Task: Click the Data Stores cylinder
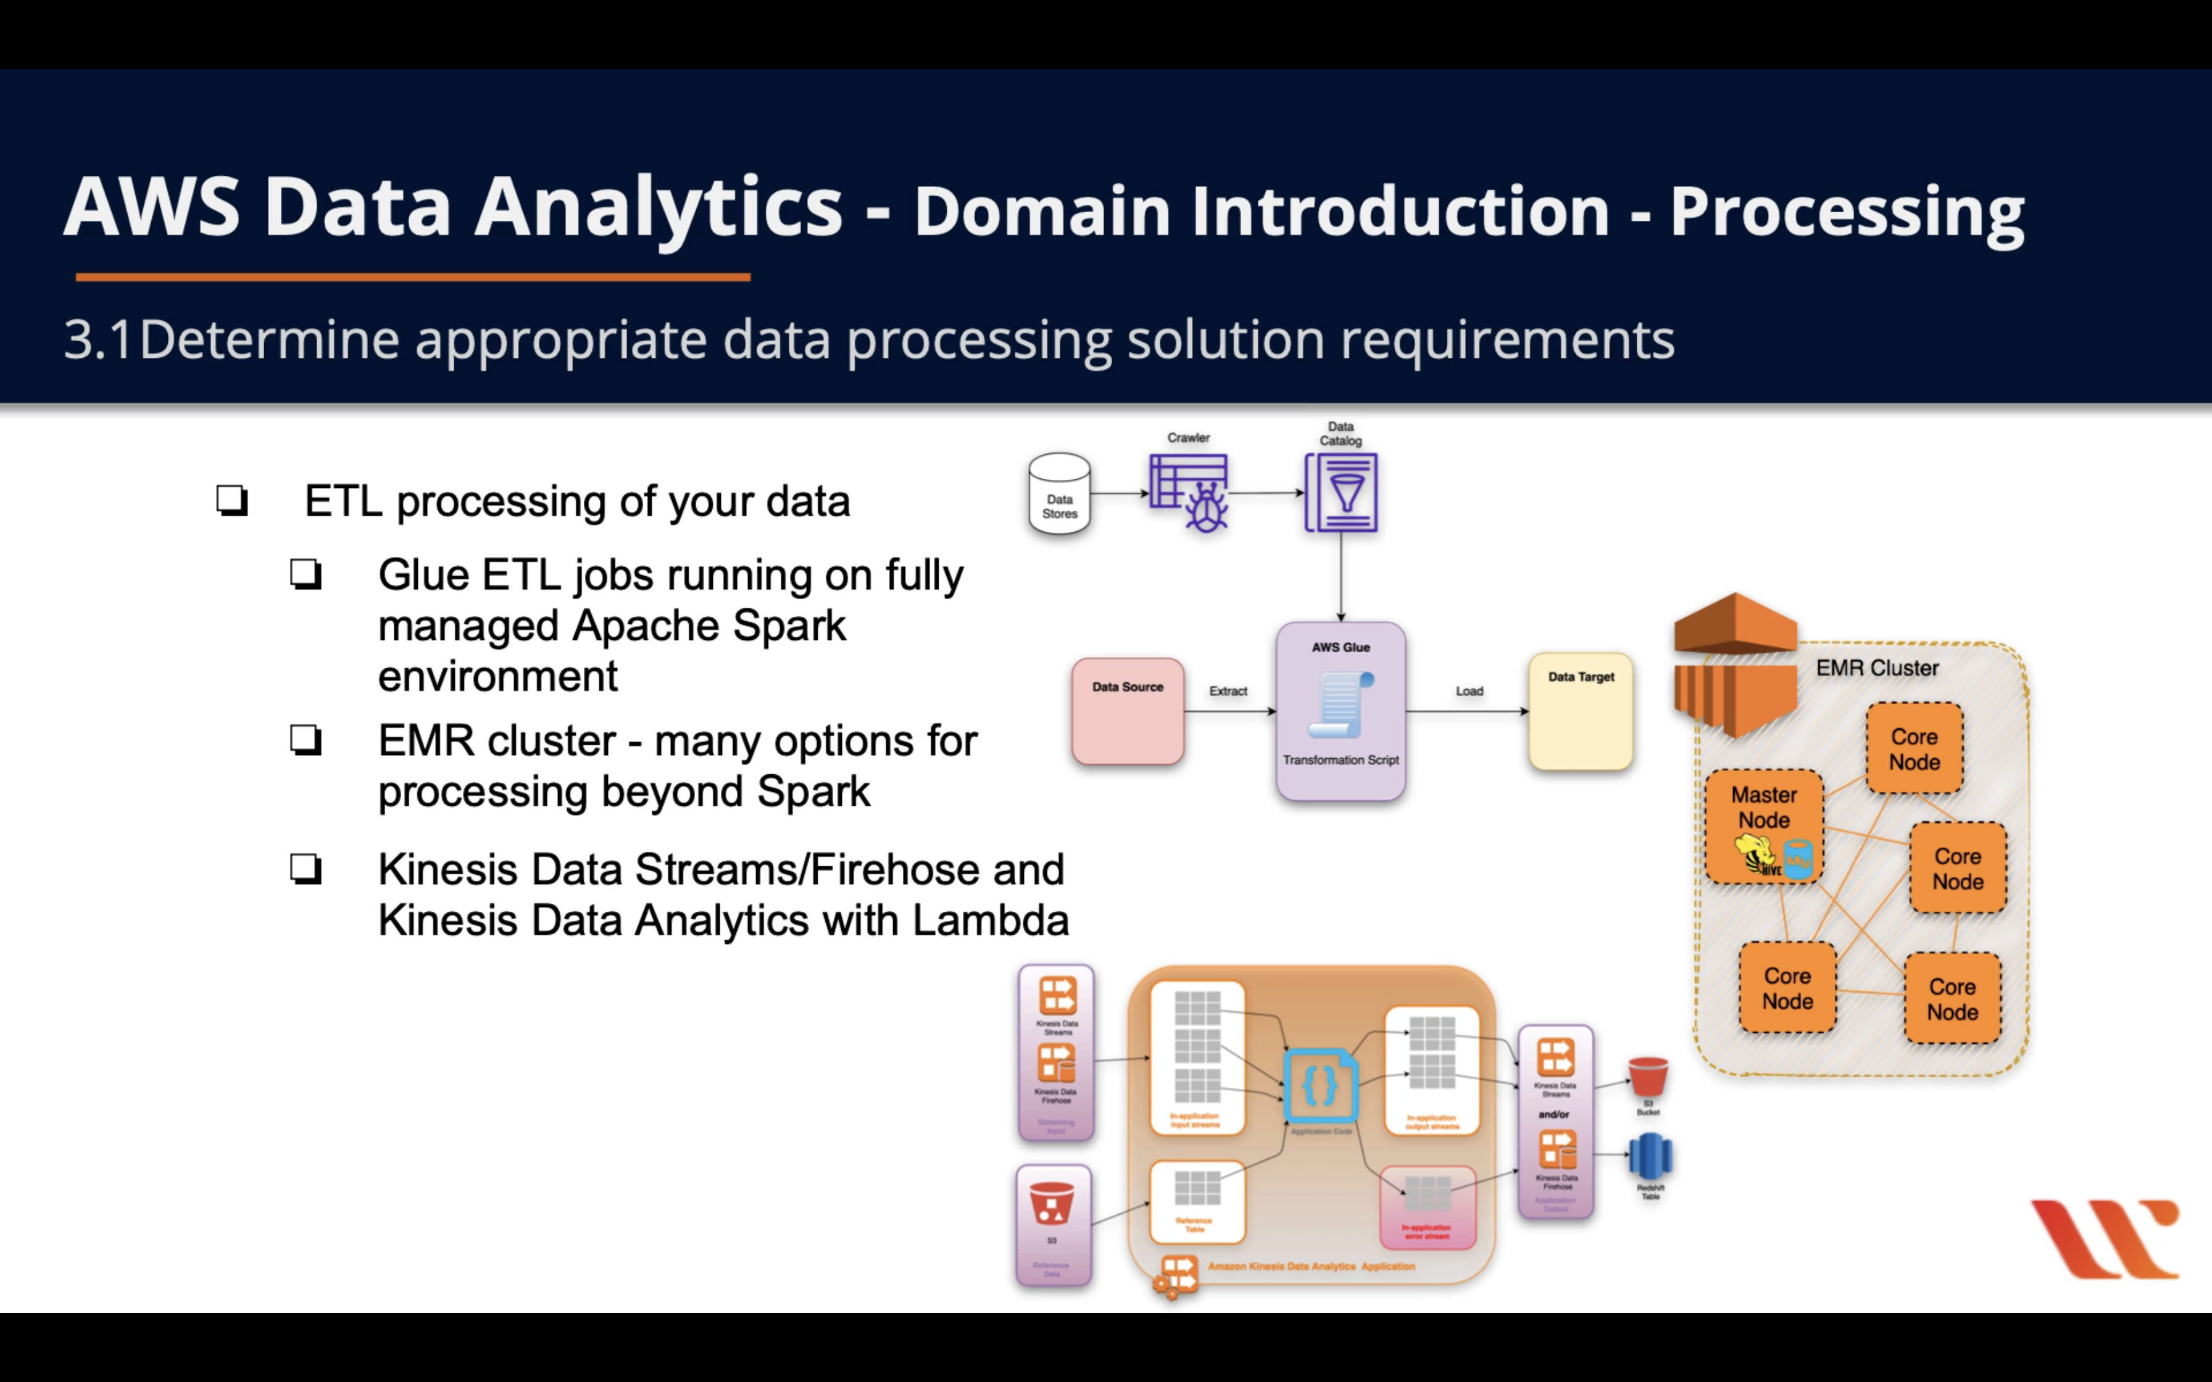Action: pos(1059,494)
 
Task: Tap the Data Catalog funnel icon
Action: pos(1341,493)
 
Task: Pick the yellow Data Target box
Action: pos(1581,711)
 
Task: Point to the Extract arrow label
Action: pos(1228,691)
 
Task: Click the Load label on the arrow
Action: pos(1469,691)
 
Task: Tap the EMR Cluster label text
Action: pos(1876,668)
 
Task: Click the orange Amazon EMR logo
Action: pos(1735,664)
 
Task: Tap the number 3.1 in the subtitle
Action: pos(98,340)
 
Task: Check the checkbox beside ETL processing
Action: pos(232,501)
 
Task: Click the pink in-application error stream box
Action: pos(1427,1207)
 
